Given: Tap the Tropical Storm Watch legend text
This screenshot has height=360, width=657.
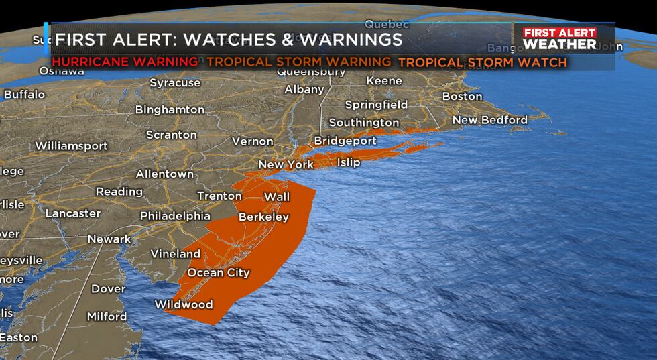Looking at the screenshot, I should [483, 62].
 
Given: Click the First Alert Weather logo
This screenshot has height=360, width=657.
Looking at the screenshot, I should [560, 39].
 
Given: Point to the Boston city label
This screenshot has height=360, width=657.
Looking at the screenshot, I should [462, 96].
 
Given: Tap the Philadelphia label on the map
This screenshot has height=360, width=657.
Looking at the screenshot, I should [175, 216].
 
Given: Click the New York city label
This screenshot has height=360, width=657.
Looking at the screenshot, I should [286, 165].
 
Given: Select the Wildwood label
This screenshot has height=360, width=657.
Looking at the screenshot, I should [184, 304].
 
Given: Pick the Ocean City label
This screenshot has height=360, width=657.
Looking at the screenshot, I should [219, 272].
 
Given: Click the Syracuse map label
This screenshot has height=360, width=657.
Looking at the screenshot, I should [174, 83].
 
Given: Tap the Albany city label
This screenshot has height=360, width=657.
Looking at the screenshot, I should [304, 89].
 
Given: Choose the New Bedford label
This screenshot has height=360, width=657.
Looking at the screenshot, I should [489, 120].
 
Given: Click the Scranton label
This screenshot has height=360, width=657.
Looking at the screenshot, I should [172, 135].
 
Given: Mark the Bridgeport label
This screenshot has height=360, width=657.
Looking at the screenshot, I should [341, 141].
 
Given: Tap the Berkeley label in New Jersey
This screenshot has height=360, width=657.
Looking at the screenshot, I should [263, 217].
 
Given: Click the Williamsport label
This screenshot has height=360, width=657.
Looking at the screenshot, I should [71, 145].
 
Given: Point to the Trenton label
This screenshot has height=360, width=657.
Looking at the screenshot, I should [219, 196].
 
